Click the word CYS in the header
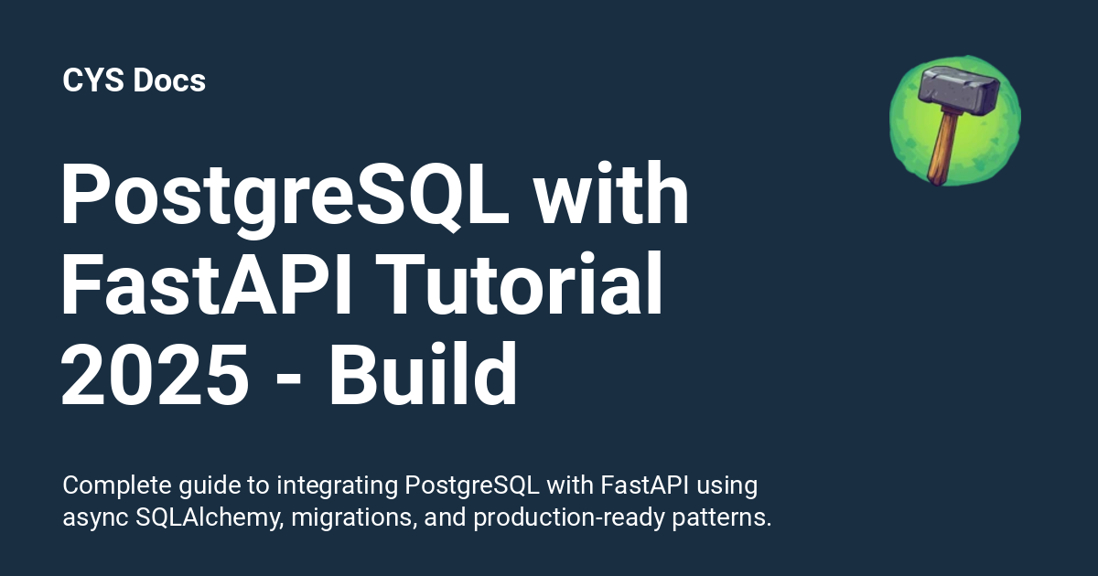93,80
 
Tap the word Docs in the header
169,80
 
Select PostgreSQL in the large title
285,196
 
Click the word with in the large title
611,193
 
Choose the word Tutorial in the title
520,283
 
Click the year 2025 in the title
155,375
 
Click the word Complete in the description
117,485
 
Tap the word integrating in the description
338,486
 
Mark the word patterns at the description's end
722,518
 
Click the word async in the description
95,519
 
